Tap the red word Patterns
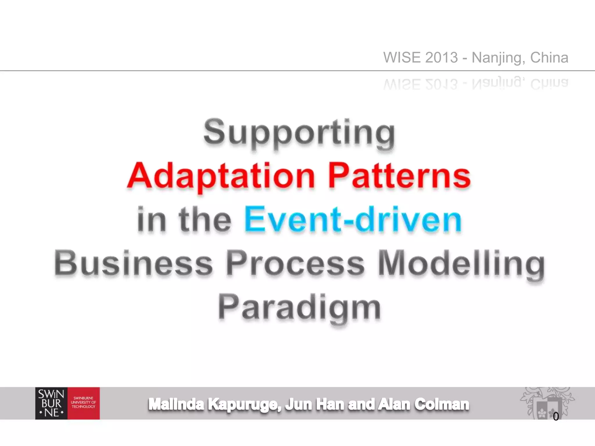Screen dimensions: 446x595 coord(399,176)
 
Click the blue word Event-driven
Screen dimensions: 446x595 coord(353,220)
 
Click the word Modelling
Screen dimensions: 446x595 coord(461,264)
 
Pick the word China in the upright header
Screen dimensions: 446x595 coord(549,57)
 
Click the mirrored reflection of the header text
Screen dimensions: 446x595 coord(476,84)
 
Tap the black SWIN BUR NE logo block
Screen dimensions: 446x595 coord(51,403)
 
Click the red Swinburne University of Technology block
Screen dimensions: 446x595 coord(84,403)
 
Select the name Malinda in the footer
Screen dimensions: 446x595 coord(176,404)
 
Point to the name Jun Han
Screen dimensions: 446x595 coord(314,404)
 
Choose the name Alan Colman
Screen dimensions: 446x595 coord(423,404)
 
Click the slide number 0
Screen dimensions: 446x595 coord(555,416)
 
